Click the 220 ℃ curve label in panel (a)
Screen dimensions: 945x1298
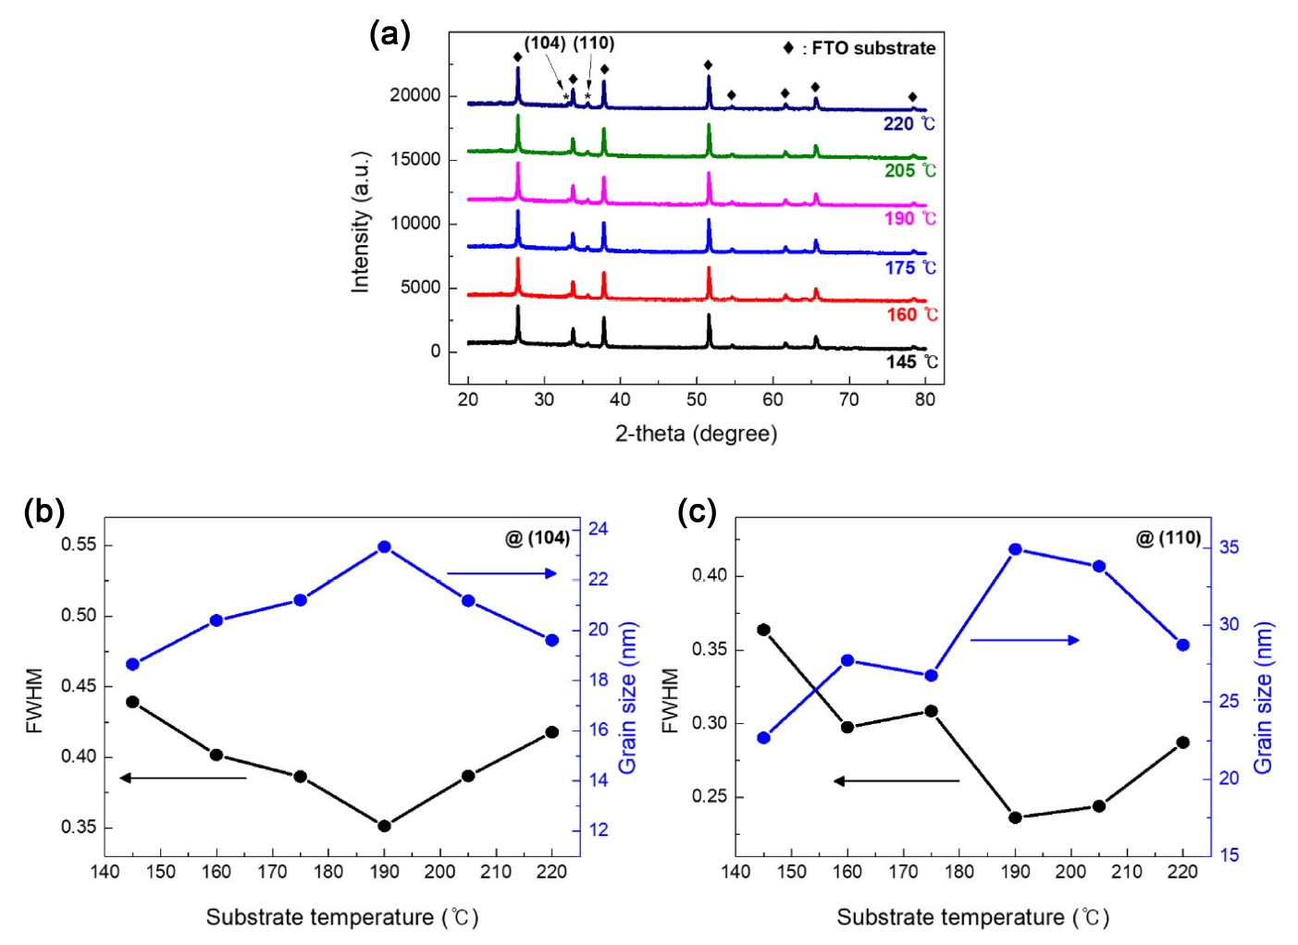click(909, 124)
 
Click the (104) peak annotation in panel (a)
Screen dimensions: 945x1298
click(545, 43)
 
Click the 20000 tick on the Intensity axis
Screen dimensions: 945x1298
click(414, 95)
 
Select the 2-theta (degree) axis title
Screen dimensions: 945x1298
click(696, 433)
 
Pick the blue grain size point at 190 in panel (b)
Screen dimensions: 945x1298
click(384, 547)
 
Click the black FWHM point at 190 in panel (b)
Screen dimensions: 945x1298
click(384, 826)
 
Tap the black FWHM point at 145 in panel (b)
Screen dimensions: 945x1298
click(132, 702)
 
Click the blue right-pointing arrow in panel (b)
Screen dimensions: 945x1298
click(502, 573)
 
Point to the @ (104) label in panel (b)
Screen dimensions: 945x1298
click(538, 538)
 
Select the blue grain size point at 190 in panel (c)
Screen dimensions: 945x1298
click(1015, 549)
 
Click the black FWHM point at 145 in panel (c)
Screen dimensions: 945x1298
click(763, 630)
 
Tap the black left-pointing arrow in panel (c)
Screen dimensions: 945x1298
click(896, 781)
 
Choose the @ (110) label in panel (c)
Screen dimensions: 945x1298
click(1168, 538)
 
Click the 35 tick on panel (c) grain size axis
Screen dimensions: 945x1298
click(1229, 547)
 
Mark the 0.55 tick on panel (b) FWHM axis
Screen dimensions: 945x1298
click(79, 545)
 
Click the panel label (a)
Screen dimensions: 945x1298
click(389, 35)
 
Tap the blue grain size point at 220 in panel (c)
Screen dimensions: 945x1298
click(1182, 644)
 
